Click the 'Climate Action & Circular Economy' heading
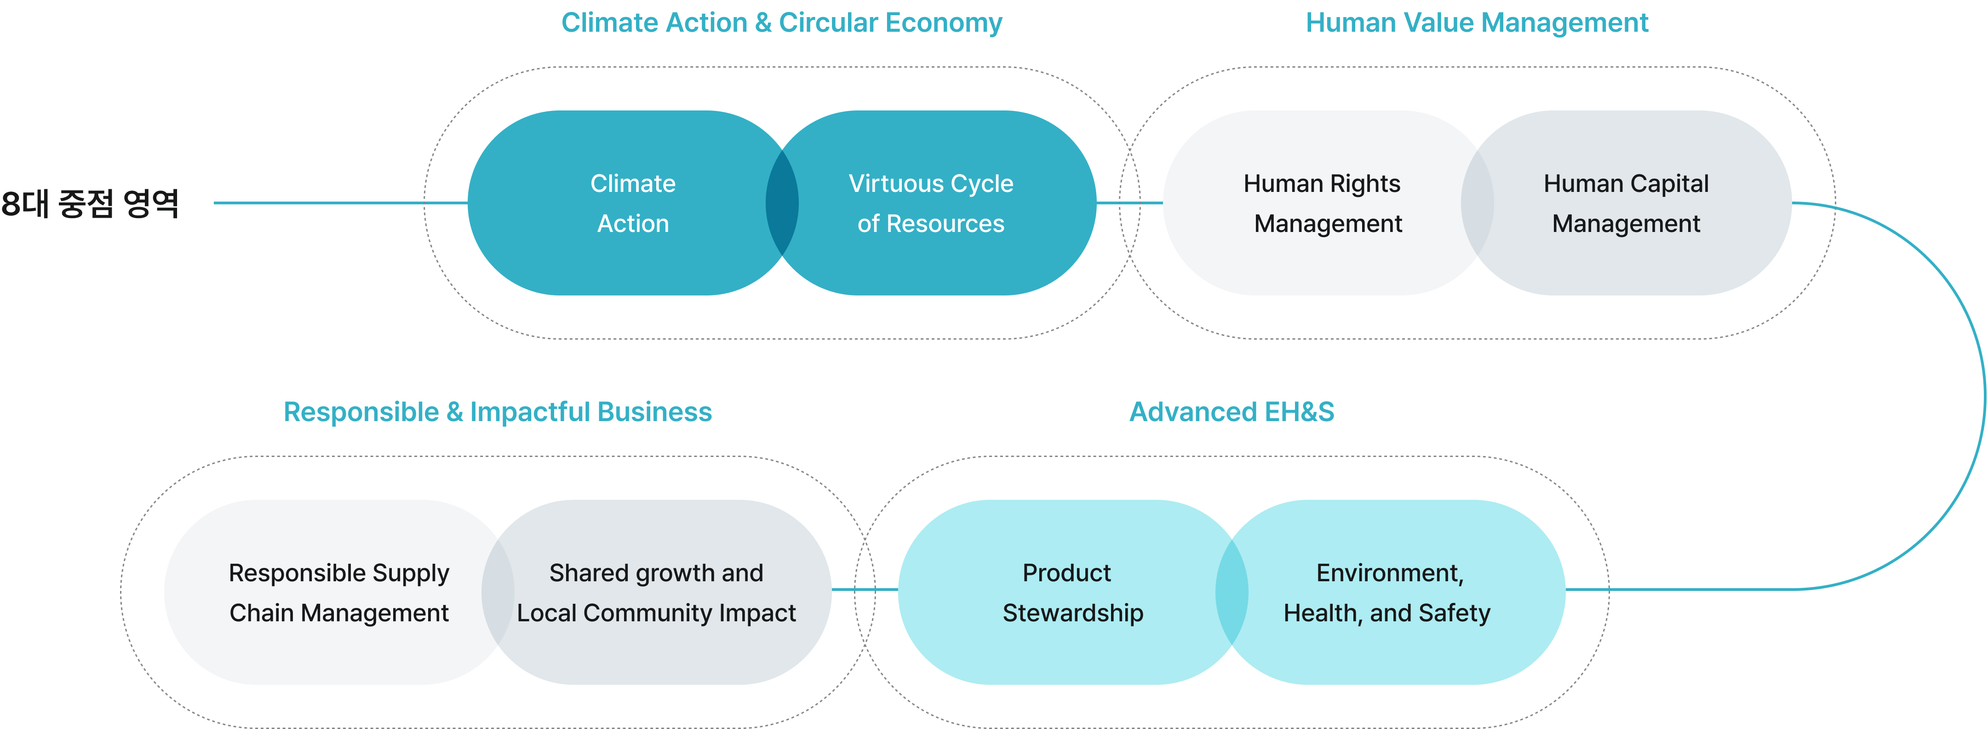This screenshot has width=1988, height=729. pyautogui.click(x=781, y=23)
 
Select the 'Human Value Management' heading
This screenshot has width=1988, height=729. pyautogui.click(x=1476, y=23)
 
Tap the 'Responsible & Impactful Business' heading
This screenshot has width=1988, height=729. pyautogui.click(x=498, y=412)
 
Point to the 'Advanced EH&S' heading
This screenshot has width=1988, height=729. pyautogui.click(x=1232, y=412)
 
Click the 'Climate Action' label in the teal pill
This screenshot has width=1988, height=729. pyautogui.click(x=633, y=203)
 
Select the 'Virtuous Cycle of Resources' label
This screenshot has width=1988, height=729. pyautogui.click(x=931, y=203)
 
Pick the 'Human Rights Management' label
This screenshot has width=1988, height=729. pyautogui.click(x=1322, y=203)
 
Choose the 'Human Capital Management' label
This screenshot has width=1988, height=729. pyautogui.click(x=1626, y=203)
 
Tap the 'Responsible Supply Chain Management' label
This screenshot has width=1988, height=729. pyautogui.click(x=339, y=592)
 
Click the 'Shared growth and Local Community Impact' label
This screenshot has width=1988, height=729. pyautogui.click(x=656, y=592)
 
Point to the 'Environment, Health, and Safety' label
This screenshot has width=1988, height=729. pyautogui.click(x=1387, y=592)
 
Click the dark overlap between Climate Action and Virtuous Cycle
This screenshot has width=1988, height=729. pyautogui.click(x=782, y=203)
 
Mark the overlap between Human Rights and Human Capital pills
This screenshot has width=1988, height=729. pyautogui.click(x=1477, y=203)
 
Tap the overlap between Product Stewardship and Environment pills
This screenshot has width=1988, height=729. pyautogui.click(x=1232, y=592)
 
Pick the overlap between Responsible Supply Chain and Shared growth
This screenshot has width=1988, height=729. pyautogui.click(x=498, y=592)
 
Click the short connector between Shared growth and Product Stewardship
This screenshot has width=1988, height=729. pyautogui.click(x=865, y=589)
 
